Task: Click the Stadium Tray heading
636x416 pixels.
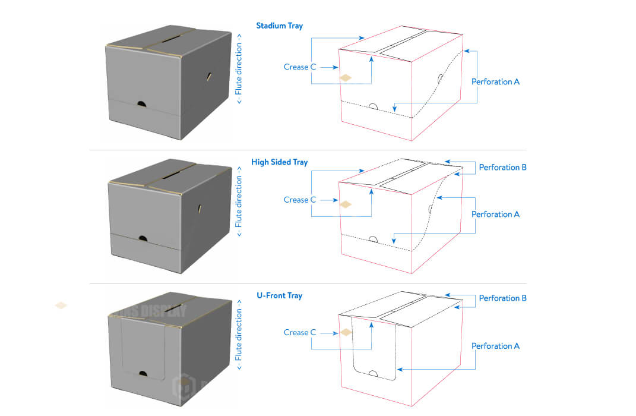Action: point(279,26)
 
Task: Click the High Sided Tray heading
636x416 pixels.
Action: point(279,162)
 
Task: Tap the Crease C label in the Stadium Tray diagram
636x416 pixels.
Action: point(296,67)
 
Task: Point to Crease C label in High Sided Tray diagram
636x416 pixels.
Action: point(296,200)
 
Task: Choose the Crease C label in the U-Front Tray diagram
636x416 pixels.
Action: point(296,332)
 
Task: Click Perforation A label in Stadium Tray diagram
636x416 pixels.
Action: point(495,81)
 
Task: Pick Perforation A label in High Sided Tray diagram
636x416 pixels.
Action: point(495,214)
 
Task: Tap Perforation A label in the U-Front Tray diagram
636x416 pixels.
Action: point(495,346)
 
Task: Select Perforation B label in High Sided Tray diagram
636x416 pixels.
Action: point(502,167)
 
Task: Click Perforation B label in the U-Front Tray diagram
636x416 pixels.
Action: point(502,298)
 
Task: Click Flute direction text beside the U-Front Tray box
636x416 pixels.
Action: point(239,339)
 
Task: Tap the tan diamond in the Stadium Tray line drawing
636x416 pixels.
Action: point(346,77)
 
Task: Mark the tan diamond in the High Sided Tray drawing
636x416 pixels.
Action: point(346,204)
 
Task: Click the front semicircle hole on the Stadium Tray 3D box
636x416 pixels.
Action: point(141,104)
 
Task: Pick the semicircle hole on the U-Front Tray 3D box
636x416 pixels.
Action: point(142,373)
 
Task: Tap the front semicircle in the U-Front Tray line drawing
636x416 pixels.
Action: point(374,374)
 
